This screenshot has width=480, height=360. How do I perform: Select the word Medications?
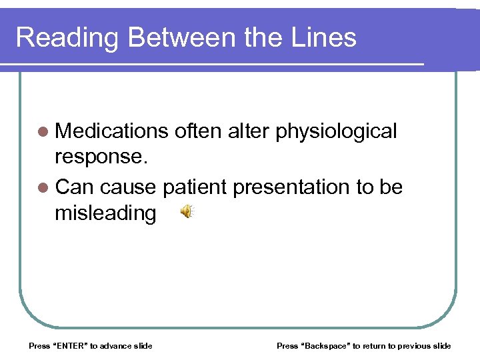click(x=112, y=131)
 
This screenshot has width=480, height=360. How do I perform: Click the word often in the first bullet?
click(x=198, y=131)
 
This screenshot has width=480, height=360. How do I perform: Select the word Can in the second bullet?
click(x=73, y=187)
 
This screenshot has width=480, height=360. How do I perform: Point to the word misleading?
click(x=106, y=213)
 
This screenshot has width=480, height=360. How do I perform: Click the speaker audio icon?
click(x=187, y=212)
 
